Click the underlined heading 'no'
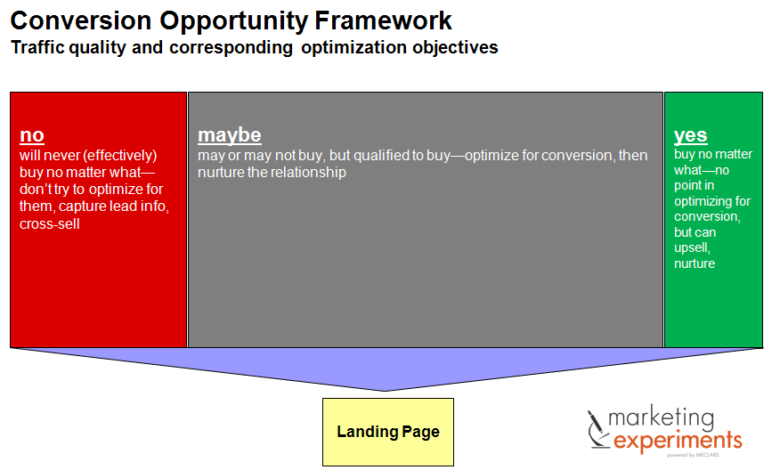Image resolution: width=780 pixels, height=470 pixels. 31,135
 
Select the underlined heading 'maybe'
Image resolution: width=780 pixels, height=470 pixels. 229,135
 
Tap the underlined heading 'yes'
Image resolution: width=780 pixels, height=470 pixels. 690,135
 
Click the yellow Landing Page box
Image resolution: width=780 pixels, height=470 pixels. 387,432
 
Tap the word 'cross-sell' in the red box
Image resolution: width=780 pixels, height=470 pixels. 50,223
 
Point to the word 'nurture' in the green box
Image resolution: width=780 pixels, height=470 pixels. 695,263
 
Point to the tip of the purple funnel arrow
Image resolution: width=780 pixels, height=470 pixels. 386,390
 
